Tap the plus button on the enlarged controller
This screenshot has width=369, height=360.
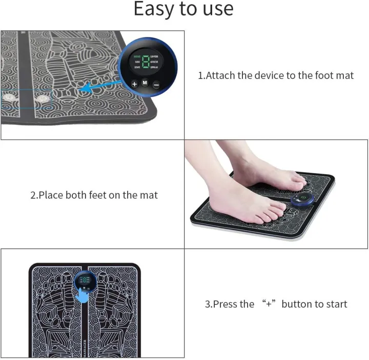click(134, 84)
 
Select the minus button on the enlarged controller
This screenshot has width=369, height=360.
click(156, 84)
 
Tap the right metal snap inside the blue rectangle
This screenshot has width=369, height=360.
click(39, 97)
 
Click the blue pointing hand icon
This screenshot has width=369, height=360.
click(82, 295)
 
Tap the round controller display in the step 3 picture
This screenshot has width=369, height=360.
click(83, 281)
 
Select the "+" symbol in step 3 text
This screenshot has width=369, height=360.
click(268, 304)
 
